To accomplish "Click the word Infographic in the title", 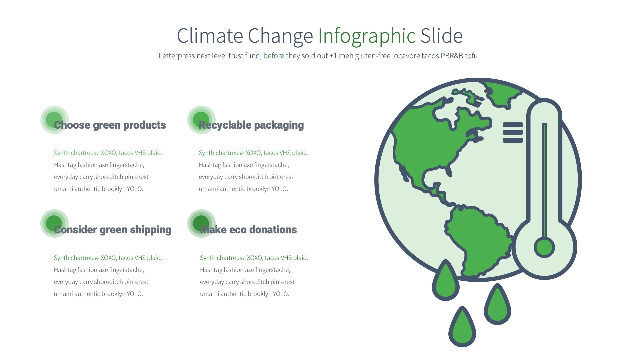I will (366, 36).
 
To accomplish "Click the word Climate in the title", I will (210, 36).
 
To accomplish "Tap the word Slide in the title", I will (441, 36).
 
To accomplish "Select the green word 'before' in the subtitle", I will (274, 56).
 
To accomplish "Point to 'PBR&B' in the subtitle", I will (452, 56).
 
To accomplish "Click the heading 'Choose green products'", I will (110, 125).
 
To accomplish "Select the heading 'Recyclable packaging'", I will (251, 125).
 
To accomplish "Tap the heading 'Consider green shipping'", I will (113, 230).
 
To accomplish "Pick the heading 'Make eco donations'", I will (248, 230).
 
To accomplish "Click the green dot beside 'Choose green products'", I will (54, 120).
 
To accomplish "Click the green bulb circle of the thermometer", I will (544, 248).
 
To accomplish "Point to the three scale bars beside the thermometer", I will (513, 132).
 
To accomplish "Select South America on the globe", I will (477, 237).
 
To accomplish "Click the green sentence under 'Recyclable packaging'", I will (253, 153).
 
